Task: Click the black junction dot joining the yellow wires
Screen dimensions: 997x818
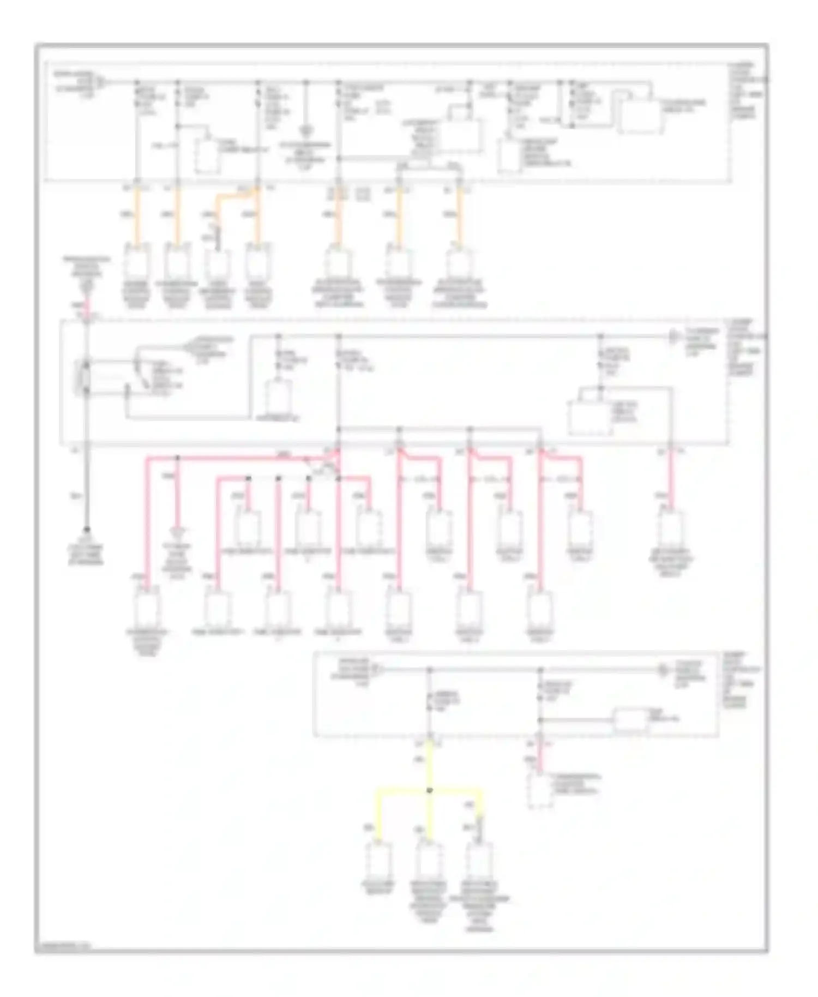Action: pyautogui.click(x=430, y=790)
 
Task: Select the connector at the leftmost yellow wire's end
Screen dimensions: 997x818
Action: pyautogui.click(x=378, y=860)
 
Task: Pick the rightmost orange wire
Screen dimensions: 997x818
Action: pyautogui.click(x=459, y=215)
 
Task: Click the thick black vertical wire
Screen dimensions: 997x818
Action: pyautogui.click(x=87, y=485)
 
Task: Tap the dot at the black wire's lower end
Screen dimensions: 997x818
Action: pyautogui.click(x=87, y=530)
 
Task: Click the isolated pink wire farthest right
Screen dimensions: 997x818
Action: pyautogui.click(x=670, y=480)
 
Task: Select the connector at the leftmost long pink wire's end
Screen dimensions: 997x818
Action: pyautogui.click(x=147, y=608)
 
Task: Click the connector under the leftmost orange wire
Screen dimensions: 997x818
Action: pyautogui.click(x=136, y=265)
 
